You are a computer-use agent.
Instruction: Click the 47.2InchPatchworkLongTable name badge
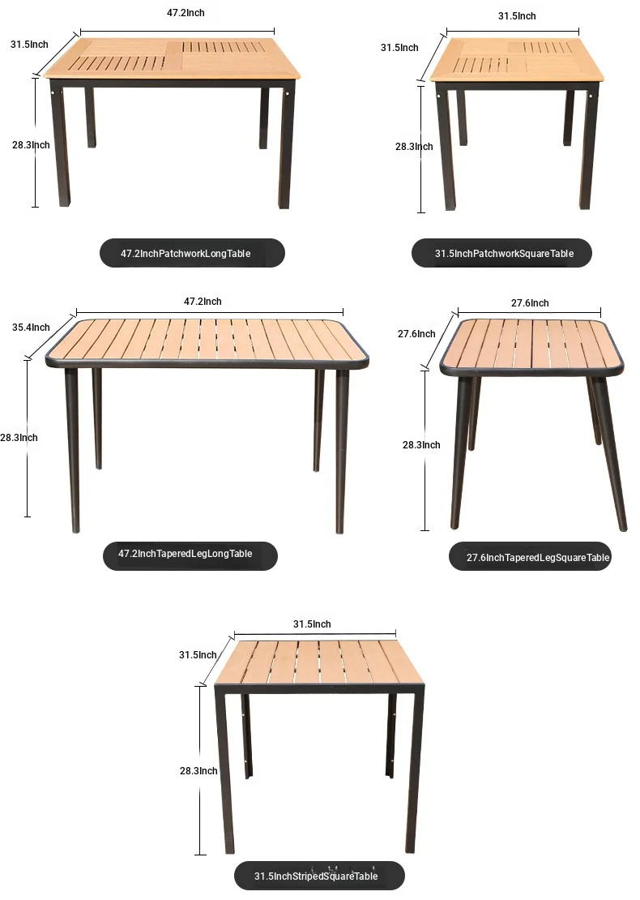(x=192, y=253)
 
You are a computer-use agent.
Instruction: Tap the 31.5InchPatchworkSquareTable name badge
(x=501, y=253)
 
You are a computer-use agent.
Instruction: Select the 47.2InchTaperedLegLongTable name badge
(x=190, y=555)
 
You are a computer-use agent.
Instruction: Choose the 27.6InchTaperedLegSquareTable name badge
(x=530, y=556)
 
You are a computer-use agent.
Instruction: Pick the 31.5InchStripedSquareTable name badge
(x=319, y=876)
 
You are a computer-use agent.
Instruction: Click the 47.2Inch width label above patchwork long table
(x=186, y=13)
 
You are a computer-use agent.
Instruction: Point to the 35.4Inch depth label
(x=31, y=328)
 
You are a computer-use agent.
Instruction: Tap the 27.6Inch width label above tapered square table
(x=530, y=303)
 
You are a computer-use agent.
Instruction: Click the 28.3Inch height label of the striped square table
(x=198, y=771)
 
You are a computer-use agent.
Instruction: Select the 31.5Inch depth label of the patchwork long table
(x=29, y=45)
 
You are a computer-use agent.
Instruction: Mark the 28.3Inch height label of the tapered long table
(x=19, y=437)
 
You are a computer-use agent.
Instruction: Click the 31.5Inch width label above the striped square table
(x=312, y=624)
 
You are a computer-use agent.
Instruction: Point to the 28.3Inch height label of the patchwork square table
(x=414, y=147)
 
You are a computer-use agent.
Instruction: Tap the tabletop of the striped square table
(x=319, y=662)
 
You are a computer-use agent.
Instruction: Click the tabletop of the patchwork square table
(x=517, y=59)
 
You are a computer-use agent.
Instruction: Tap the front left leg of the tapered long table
(x=72, y=451)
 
